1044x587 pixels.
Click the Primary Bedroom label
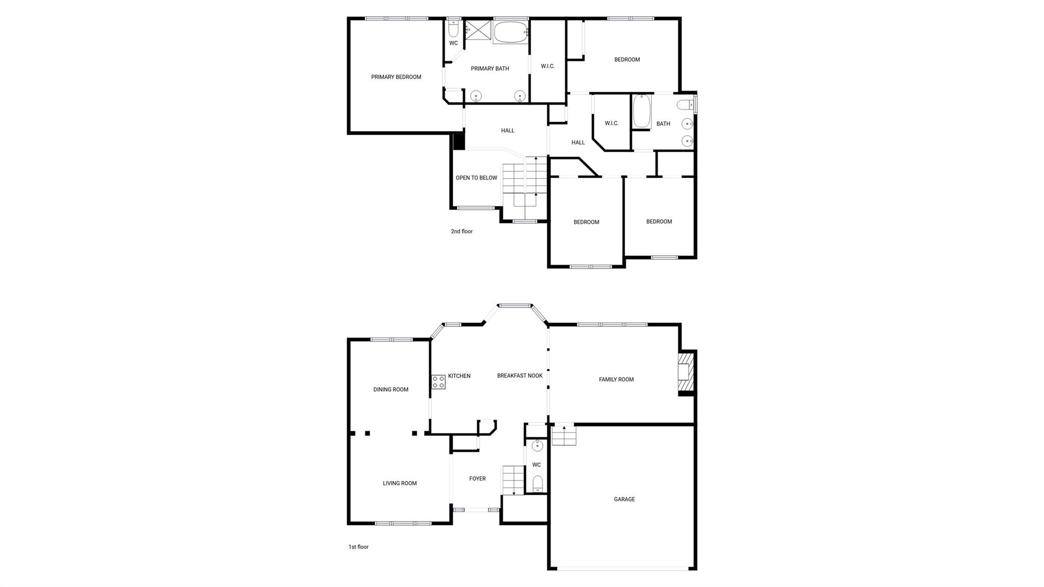(396, 77)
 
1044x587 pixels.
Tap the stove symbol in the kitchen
(438, 382)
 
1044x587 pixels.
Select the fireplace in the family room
(686, 373)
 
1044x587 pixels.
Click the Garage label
(624, 499)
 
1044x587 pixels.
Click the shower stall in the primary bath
(478, 30)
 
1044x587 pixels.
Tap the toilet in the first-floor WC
(538, 483)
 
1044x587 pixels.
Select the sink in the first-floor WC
(537, 446)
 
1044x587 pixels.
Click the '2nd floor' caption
(461, 232)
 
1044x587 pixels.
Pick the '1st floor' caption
(358, 547)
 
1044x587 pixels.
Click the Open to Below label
(476, 178)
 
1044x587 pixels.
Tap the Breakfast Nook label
(519, 376)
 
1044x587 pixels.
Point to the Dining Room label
(390, 390)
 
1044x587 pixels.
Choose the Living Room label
(400, 483)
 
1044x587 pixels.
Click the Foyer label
(477, 479)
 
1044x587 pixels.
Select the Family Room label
(616, 379)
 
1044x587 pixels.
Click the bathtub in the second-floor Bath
(641, 112)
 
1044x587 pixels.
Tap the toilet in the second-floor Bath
(685, 105)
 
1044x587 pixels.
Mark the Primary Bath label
(489, 69)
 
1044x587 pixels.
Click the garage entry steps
(564, 436)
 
